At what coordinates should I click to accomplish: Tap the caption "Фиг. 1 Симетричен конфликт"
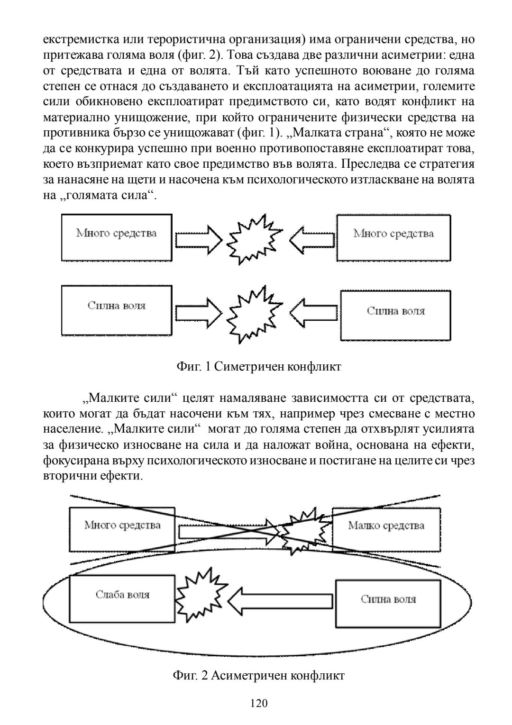[258, 367]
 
